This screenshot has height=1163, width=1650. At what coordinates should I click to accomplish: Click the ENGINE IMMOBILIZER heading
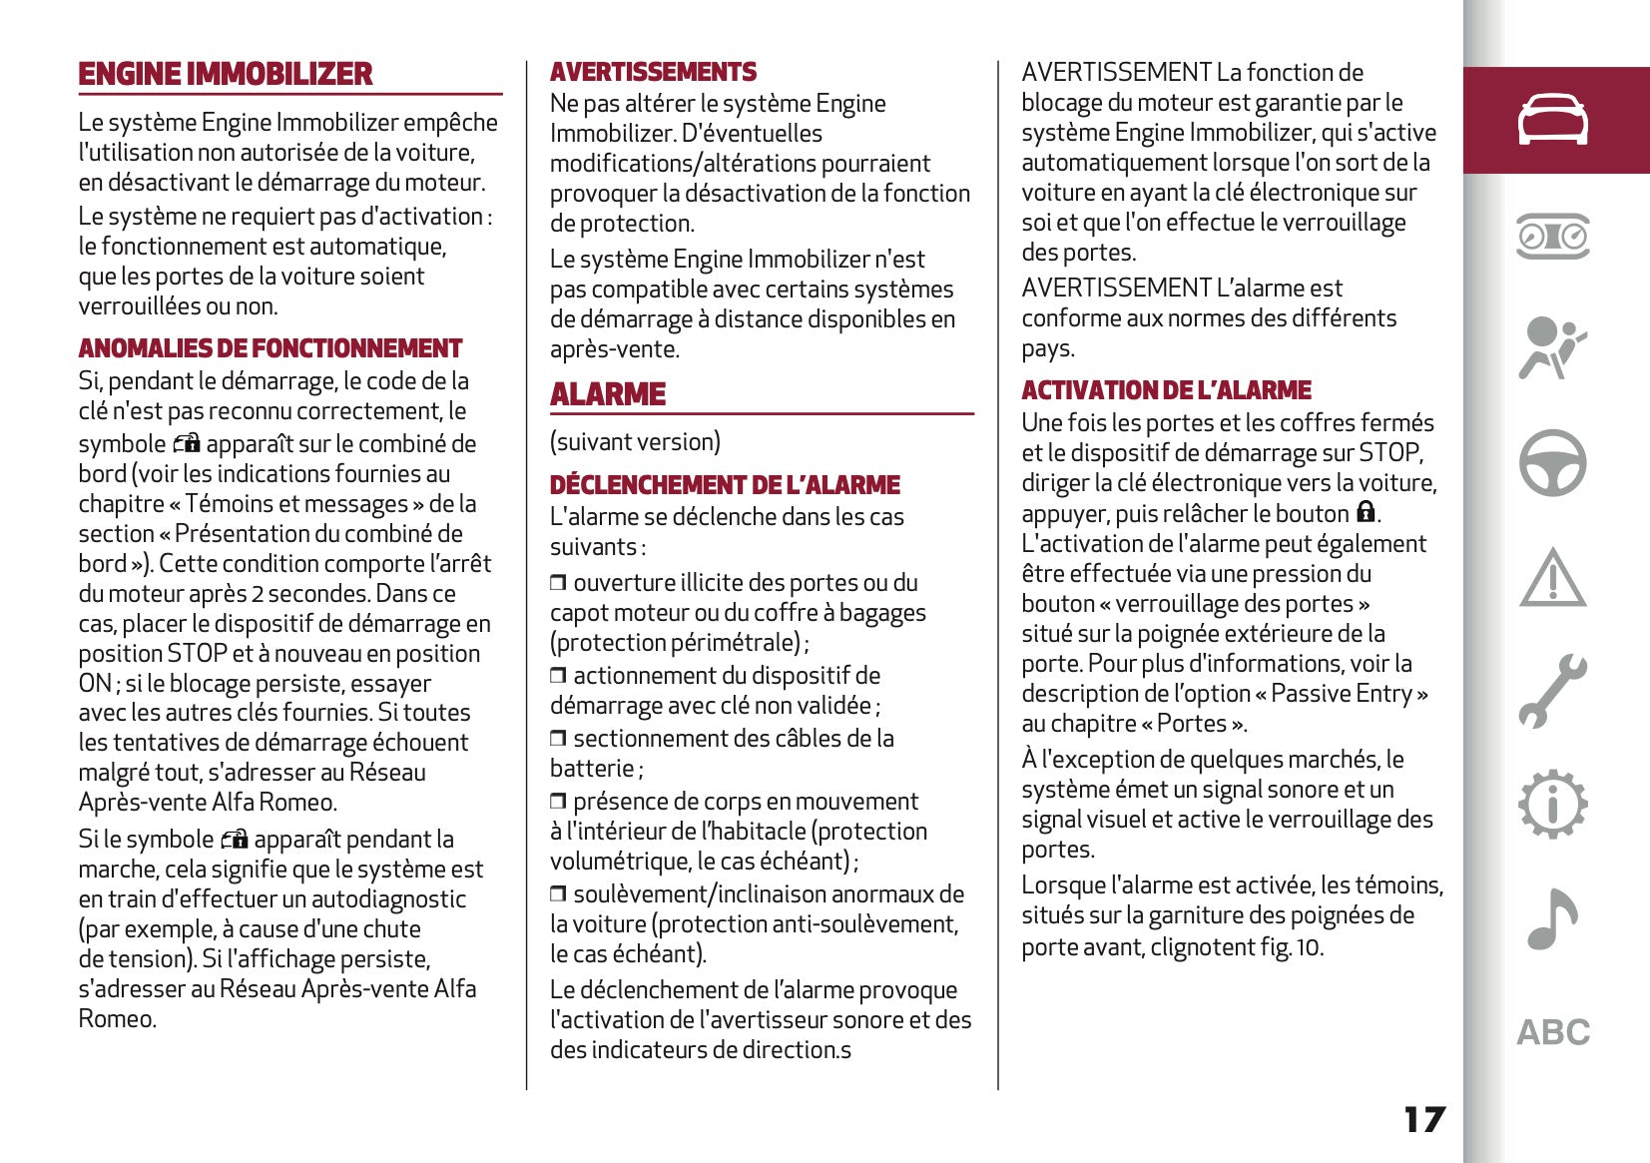point(226,74)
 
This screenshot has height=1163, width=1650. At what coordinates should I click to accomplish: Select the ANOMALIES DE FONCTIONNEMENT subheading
point(271,348)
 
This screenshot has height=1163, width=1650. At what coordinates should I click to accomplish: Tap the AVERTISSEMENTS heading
point(653,72)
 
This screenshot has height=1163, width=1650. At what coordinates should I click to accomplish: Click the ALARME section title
point(608,394)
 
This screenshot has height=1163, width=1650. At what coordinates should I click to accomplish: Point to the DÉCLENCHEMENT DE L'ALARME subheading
point(725,485)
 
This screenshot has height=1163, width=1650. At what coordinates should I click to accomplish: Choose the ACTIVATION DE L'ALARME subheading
point(1166,390)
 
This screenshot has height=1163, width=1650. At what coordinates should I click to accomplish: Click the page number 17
point(1423,1119)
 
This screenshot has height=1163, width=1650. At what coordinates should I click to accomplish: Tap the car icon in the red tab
point(1552,120)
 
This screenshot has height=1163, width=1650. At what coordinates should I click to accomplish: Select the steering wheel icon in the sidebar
point(1552,463)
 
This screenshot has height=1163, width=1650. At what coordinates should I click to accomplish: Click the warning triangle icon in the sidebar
point(1552,578)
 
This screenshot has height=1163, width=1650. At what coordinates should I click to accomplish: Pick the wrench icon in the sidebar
point(1552,690)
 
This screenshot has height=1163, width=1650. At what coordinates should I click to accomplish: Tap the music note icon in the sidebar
point(1552,917)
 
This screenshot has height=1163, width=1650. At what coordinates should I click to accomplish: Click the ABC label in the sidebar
point(1553,1032)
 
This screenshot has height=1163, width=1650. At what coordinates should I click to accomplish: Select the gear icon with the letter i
point(1552,804)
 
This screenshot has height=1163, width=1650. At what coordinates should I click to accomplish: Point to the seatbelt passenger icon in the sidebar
point(1552,348)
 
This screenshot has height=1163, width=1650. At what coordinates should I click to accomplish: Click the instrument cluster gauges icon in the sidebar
point(1552,237)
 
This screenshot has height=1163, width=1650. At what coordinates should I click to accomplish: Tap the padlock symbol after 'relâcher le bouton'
point(1366,512)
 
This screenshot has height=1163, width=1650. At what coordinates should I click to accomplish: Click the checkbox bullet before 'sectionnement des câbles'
point(558,739)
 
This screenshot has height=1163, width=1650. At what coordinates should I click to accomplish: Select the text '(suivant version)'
point(635,442)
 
